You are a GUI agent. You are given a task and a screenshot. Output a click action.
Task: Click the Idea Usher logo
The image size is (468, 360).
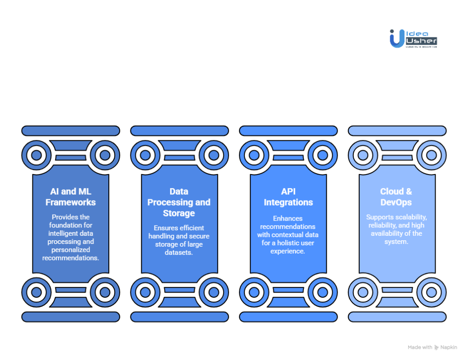pos(413,39)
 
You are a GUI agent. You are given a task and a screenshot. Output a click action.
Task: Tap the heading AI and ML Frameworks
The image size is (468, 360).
pos(70,196)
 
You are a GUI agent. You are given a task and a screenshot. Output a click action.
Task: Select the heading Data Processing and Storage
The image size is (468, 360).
pos(179,202)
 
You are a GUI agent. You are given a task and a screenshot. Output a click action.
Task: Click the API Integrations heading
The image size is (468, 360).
pos(288,196)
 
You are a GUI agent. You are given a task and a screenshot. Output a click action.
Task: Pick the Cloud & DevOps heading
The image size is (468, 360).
pos(396,196)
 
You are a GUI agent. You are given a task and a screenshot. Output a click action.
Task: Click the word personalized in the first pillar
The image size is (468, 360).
pos(71,250)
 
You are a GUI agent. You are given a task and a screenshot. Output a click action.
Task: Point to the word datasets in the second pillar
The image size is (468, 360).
pos(179,252)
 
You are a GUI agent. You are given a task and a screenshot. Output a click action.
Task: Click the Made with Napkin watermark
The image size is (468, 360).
pos(432,348)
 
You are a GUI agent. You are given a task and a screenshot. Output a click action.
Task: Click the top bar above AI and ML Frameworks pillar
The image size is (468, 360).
pos(70,131)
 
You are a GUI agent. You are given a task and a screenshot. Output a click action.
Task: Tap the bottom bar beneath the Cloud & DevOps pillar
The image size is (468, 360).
pos(397,317)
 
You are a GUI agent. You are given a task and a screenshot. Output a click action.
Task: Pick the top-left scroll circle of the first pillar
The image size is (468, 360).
pos(37,155)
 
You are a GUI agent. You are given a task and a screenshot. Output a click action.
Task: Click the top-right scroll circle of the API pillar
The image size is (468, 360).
pos(322,155)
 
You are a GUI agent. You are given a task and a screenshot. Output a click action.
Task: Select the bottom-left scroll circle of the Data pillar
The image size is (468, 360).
pos(145,292)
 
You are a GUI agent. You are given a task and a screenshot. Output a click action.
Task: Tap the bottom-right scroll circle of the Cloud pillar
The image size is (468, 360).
pos(431,292)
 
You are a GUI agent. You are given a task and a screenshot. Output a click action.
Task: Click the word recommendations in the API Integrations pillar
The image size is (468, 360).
pos(288,227)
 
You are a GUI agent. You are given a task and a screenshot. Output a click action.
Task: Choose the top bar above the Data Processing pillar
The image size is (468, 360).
pos(179,131)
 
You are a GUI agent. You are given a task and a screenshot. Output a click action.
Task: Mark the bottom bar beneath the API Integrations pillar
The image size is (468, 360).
pos(288,317)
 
